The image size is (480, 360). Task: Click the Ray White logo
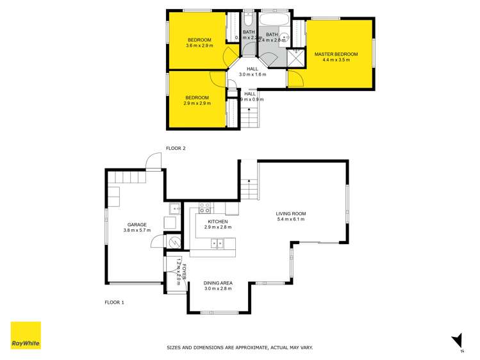click(x=26, y=335)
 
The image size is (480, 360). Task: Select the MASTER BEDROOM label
click(x=336, y=54)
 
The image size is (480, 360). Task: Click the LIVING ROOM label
click(x=291, y=213)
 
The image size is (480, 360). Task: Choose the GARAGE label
click(x=137, y=225)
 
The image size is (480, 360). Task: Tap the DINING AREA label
click(x=217, y=282)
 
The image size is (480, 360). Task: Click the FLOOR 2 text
click(x=176, y=149)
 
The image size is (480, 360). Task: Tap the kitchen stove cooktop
click(x=206, y=208)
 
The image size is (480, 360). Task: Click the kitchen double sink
click(x=217, y=243)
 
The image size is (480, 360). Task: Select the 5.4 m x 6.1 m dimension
click(x=291, y=220)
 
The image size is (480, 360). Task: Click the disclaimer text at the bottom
click(x=240, y=348)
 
